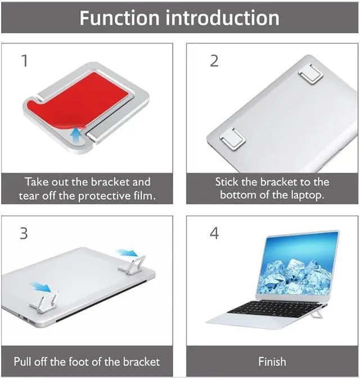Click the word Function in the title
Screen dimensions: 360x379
119,18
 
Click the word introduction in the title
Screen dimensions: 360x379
222,18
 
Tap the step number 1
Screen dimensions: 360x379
25,60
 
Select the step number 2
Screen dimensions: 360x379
214,61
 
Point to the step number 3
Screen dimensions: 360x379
24,234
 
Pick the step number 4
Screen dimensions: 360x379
214,234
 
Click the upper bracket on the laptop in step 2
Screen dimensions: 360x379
311,74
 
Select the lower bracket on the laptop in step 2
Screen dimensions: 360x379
233,139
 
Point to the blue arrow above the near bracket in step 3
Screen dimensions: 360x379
42,287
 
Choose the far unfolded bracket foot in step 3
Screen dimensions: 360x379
132,266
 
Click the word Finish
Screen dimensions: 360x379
272,362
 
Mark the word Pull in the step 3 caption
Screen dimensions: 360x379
22,362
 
